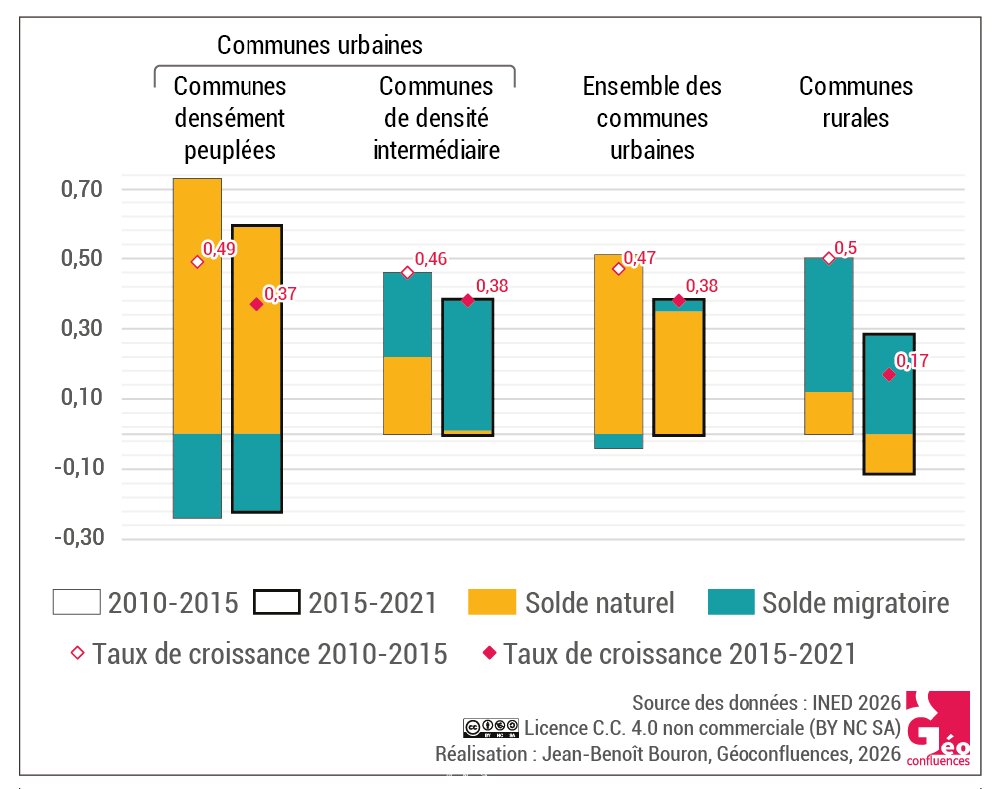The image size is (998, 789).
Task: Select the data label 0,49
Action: point(220,249)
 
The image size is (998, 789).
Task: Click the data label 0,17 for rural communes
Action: point(912,361)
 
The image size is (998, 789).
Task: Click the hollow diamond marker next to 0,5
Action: point(828,258)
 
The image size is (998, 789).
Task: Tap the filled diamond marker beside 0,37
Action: point(256,304)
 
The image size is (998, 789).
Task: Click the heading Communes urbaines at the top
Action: point(319,45)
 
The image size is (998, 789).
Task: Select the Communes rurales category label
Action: point(856,102)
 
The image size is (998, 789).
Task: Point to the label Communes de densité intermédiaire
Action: point(436,118)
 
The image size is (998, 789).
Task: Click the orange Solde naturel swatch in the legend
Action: point(491,602)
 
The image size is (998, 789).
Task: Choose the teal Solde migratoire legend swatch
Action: point(731,602)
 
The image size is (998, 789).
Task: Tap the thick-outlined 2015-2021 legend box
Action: point(276,602)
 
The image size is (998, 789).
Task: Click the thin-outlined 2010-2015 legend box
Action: point(76,602)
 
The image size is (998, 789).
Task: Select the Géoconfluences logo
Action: point(938,729)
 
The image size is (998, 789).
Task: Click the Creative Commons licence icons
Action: point(490,726)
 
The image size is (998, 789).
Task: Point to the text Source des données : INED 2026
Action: point(765,701)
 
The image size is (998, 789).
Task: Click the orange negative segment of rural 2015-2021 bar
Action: point(889,454)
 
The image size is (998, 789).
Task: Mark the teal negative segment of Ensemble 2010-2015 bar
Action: point(618,441)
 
